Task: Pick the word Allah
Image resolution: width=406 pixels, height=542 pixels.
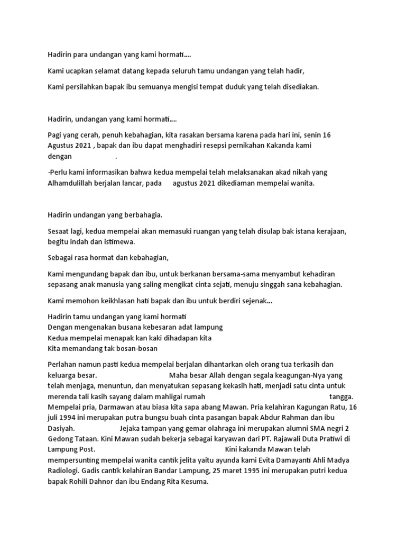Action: pyautogui.click(x=214, y=375)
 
